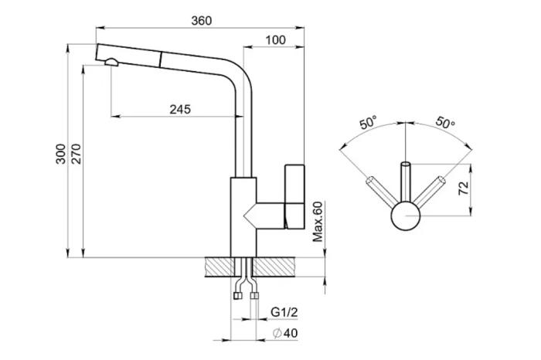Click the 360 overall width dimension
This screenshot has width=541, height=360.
[x=202, y=21]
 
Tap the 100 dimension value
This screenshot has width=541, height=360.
[x=276, y=40]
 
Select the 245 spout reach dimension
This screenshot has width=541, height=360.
[x=180, y=109]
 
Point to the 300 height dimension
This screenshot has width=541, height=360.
[x=61, y=154]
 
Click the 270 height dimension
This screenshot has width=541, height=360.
[x=76, y=154]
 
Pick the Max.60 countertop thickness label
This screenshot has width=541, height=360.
[x=318, y=222]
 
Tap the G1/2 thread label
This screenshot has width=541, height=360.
[x=284, y=312]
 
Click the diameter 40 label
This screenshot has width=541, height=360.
[x=285, y=333]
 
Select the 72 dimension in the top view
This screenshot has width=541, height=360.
[x=464, y=188]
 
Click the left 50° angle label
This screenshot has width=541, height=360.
[x=368, y=123]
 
